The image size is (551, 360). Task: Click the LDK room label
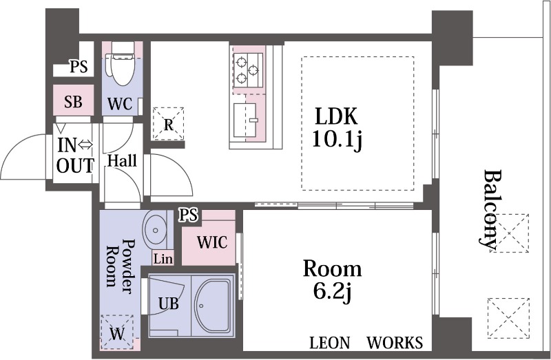pos(336,116)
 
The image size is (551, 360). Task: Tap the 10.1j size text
pos(337,140)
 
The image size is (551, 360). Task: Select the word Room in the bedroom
pos(333,268)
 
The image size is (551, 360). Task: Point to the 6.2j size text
pos(333,293)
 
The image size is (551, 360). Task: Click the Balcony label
pos(491,211)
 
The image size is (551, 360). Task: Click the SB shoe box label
pos(74,102)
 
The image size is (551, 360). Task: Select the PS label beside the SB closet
pos(79,66)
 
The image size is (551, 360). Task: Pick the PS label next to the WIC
pos(188,215)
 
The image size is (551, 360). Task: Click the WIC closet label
pos(212,242)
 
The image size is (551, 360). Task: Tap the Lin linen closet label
pos(163,260)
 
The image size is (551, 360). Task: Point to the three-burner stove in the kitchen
pos(248,70)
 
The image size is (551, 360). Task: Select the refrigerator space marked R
pos(168,124)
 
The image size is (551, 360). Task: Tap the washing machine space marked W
pos(117,332)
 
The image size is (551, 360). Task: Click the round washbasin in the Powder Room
pos(154,230)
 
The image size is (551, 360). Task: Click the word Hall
pos(122,161)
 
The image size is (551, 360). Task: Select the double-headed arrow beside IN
pos(85,145)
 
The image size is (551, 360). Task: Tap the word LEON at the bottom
pos(330,343)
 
